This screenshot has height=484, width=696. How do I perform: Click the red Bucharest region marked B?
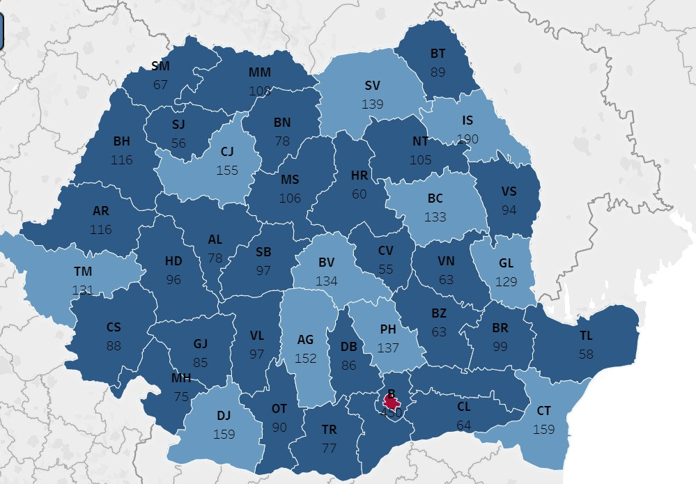tap(392, 402)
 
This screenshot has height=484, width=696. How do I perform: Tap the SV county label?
tap(373, 86)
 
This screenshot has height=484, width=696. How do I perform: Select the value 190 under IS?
tap(467, 139)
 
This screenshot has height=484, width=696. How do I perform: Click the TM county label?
tap(83, 272)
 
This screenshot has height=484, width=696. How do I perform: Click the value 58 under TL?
tap(587, 354)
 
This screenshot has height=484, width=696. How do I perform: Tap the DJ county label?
tap(224, 416)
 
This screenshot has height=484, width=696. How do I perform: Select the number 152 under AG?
tap(306, 358)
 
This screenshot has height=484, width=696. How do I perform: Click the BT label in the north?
tap(438, 54)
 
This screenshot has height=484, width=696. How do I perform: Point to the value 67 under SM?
tap(161, 84)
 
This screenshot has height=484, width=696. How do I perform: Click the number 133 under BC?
tap(435, 217)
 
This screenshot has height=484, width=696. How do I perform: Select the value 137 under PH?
tap(388, 347)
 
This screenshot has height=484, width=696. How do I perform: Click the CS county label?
tap(114, 327)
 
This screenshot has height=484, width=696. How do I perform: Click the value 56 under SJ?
tap(179, 143)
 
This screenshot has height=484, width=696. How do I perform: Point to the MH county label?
tap(181, 378)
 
